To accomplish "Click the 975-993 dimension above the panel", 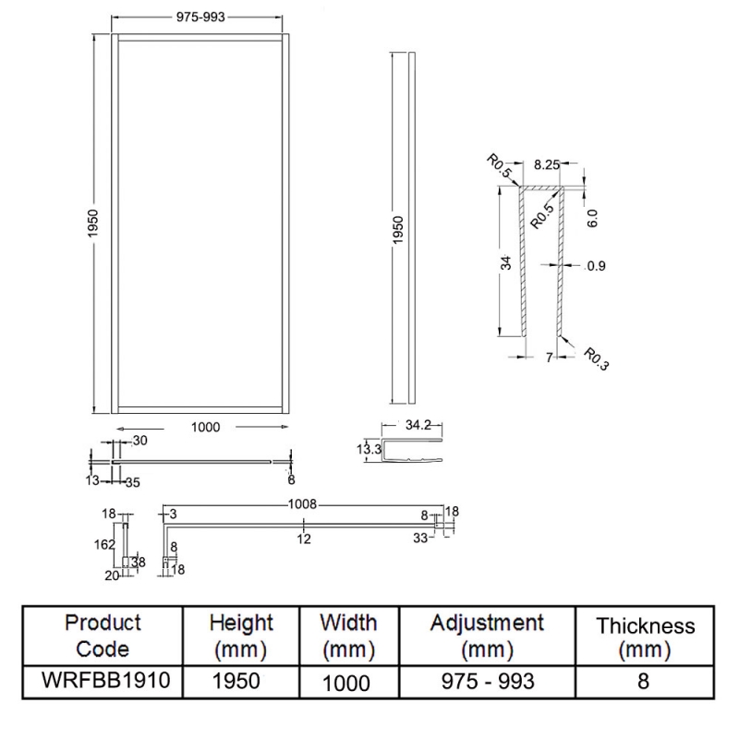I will [x=199, y=18].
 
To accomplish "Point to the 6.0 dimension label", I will [x=592, y=218].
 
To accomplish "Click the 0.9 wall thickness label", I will [x=596, y=267].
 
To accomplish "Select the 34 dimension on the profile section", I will [x=505, y=263].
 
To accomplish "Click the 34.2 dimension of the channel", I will [x=418, y=427].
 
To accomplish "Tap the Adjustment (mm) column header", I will [x=486, y=636].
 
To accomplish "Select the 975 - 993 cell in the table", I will [x=486, y=681].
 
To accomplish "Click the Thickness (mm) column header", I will [x=645, y=637].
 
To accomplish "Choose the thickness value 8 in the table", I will [x=645, y=681].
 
